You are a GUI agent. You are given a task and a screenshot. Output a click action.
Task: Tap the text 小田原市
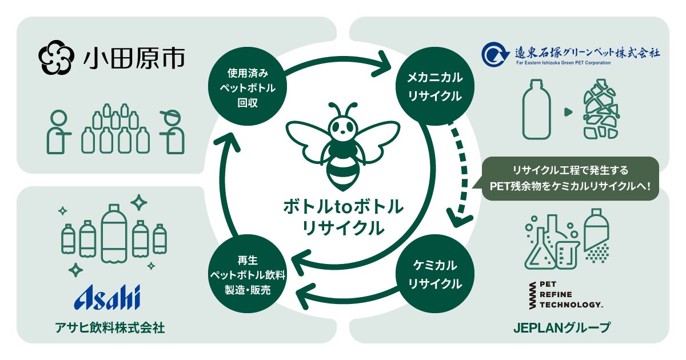tap(135, 58)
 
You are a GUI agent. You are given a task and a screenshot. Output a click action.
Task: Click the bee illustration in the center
tap(343, 146)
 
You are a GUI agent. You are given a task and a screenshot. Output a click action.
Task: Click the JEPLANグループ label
tap(565, 328)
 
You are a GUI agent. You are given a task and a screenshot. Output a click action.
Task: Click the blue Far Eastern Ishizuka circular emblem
tap(492, 55)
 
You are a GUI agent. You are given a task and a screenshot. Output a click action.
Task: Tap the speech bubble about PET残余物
tap(569, 178)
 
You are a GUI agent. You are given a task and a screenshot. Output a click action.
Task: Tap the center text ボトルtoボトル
tap(343, 206)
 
